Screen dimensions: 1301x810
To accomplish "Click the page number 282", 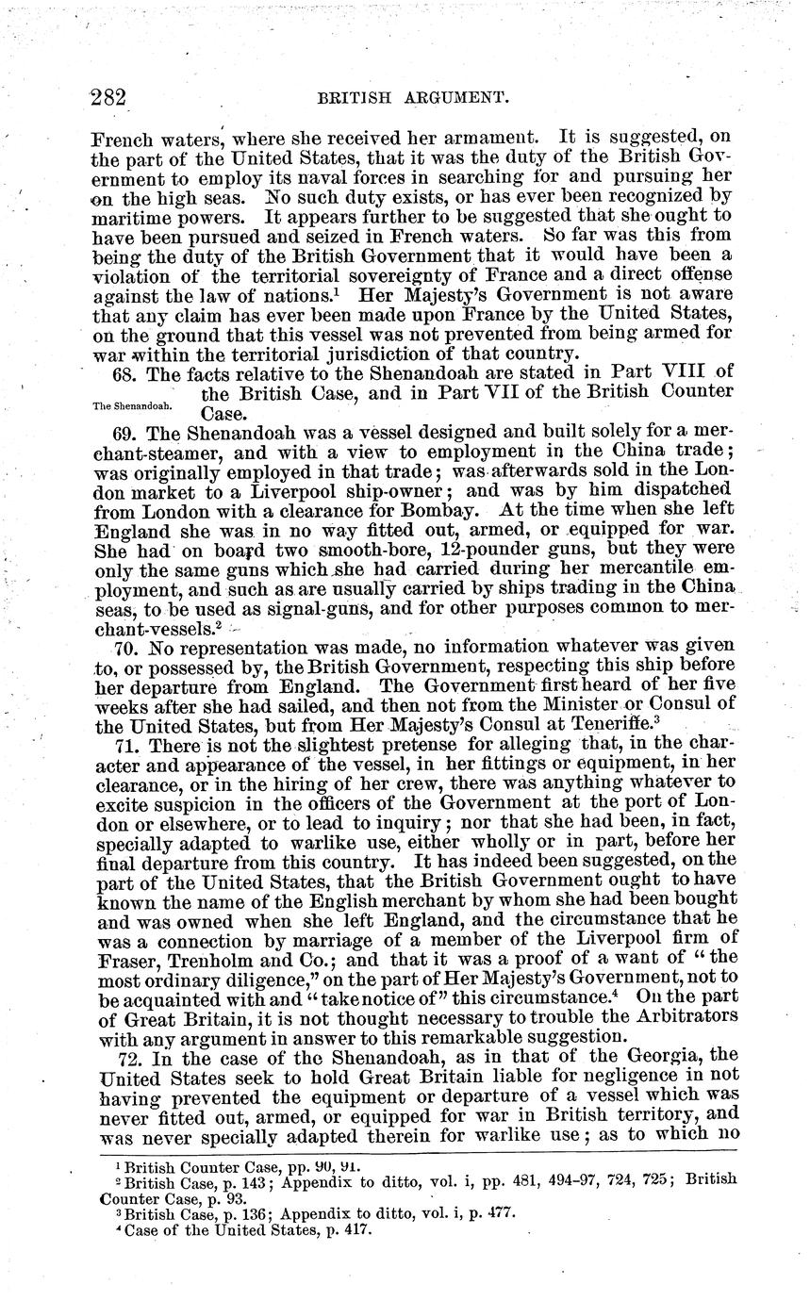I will tap(108, 97).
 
